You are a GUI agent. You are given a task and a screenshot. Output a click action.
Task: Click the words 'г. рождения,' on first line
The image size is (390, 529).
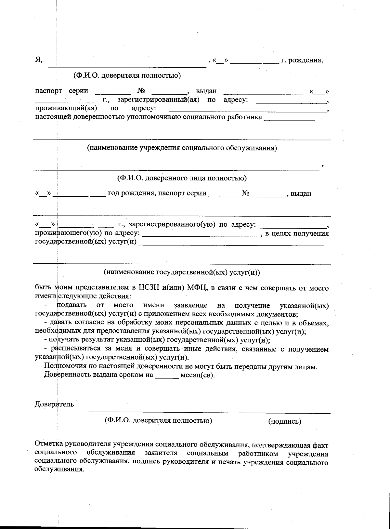coord(302,60)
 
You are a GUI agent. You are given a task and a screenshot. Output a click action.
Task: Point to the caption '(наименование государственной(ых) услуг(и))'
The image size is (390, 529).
coord(182,272)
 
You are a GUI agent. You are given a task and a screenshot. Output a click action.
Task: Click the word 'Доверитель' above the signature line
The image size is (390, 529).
coord(54,404)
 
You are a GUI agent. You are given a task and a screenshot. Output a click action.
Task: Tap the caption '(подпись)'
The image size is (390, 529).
coord(284,421)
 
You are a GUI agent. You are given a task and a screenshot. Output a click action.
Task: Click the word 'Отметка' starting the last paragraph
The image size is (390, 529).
coord(49,444)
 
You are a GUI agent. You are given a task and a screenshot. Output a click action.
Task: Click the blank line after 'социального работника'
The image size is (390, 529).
coord(290,120)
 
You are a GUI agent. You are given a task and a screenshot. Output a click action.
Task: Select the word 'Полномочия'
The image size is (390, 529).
coord(63,367)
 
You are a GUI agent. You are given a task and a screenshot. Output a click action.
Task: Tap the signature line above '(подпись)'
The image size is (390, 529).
coord(284,413)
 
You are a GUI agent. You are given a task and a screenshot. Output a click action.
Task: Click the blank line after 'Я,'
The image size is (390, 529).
coord(127,66)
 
